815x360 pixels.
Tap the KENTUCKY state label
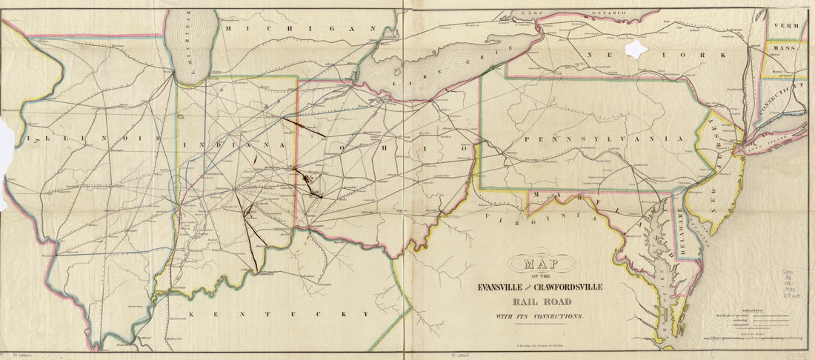(278, 314)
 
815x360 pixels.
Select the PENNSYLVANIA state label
(601, 139)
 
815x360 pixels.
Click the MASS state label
(783, 48)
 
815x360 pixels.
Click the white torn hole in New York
(636, 50)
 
